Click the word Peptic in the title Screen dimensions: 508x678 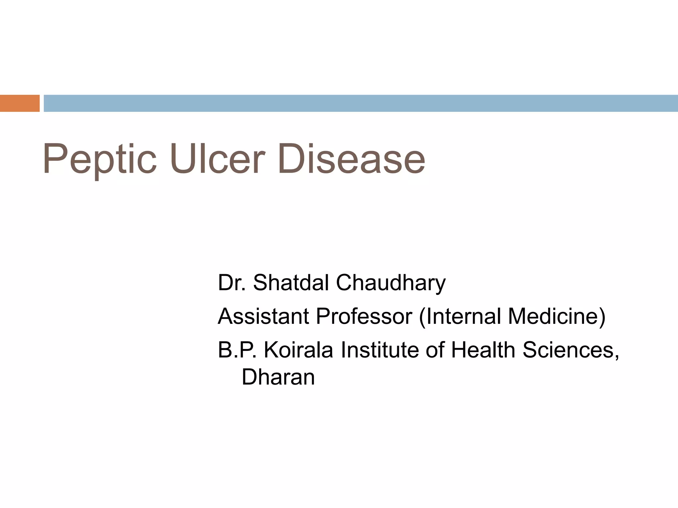pos(99,159)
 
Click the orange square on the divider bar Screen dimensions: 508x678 pos(20,103)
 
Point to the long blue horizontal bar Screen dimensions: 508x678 pos(361,103)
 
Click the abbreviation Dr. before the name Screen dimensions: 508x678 pos(232,283)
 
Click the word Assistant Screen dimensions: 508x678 pos(264,316)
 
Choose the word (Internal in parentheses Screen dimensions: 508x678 pos(460,316)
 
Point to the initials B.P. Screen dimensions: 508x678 pos(237,350)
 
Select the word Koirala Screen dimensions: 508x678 pos(298,350)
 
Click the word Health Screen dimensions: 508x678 pos(483,350)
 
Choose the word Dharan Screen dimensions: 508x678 pos(278,377)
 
